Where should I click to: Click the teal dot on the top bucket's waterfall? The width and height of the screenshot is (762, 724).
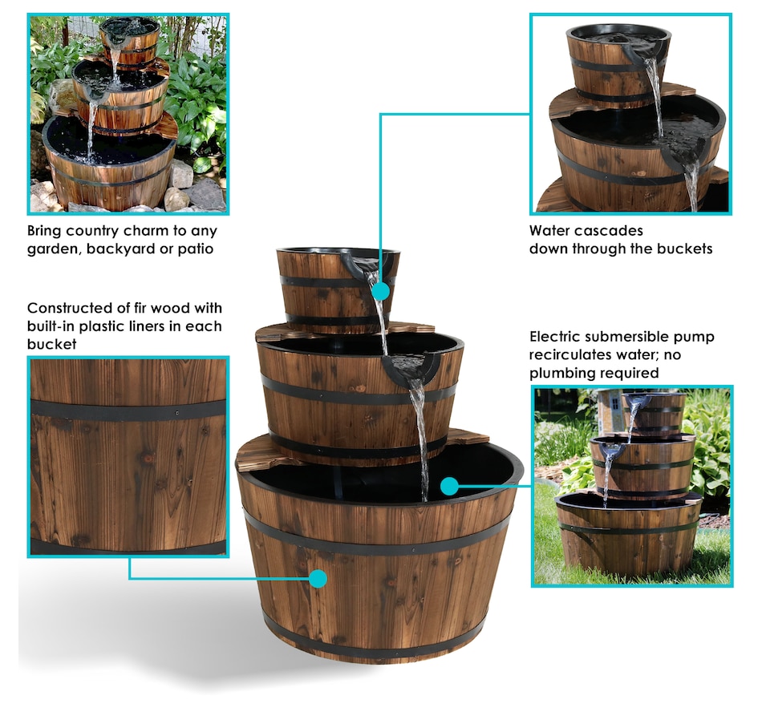(381, 292)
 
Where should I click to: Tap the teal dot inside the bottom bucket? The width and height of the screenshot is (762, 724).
(450, 486)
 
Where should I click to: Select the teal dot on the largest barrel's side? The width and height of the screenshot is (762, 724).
(318, 579)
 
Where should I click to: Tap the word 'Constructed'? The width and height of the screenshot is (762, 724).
(70, 308)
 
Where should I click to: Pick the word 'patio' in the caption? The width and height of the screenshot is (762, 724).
(196, 249)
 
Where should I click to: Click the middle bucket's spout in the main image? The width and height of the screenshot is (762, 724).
(405, 368)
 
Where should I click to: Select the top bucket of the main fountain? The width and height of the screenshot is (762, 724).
(338, 289)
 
